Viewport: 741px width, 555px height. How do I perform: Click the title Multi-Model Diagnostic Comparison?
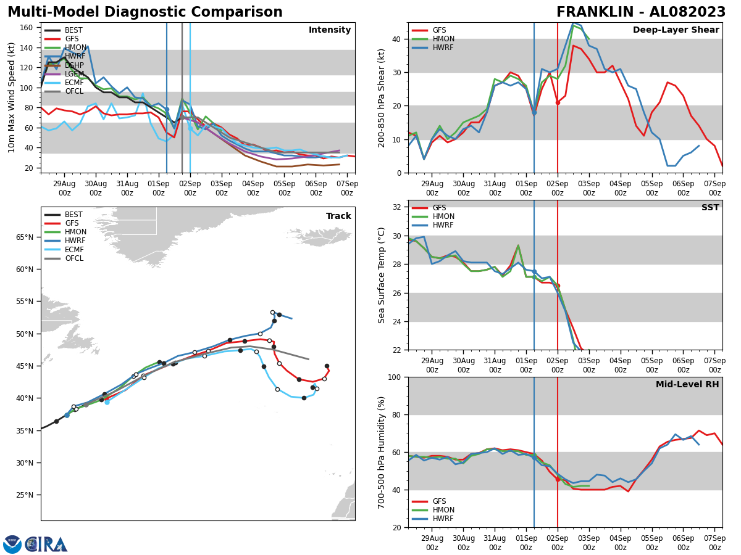[x=144, y=12]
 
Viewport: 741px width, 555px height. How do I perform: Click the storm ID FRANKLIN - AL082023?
[x=641, y=12]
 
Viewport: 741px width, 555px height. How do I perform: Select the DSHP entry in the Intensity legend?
[x=73, y=65]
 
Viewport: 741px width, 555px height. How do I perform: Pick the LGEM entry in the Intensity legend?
[x=73, y=73]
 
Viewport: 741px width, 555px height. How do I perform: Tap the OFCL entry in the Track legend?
[x=73, y=258]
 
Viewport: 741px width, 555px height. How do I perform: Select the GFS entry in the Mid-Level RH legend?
[x=439, y=501]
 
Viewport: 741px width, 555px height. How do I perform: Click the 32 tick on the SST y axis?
[x=398, y=207]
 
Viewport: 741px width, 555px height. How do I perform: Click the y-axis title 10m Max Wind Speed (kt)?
[x=12, y=97]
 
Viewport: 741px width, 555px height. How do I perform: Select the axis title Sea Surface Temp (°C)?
[x=382, y=275]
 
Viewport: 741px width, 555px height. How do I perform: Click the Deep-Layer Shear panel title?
[x=676, y=30]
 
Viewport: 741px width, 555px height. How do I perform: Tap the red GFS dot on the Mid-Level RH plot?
[x=558, y=479]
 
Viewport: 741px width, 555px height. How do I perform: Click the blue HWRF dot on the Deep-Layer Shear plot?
[x=534, y=113]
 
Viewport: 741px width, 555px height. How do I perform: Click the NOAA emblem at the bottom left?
[x=12, y=544]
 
